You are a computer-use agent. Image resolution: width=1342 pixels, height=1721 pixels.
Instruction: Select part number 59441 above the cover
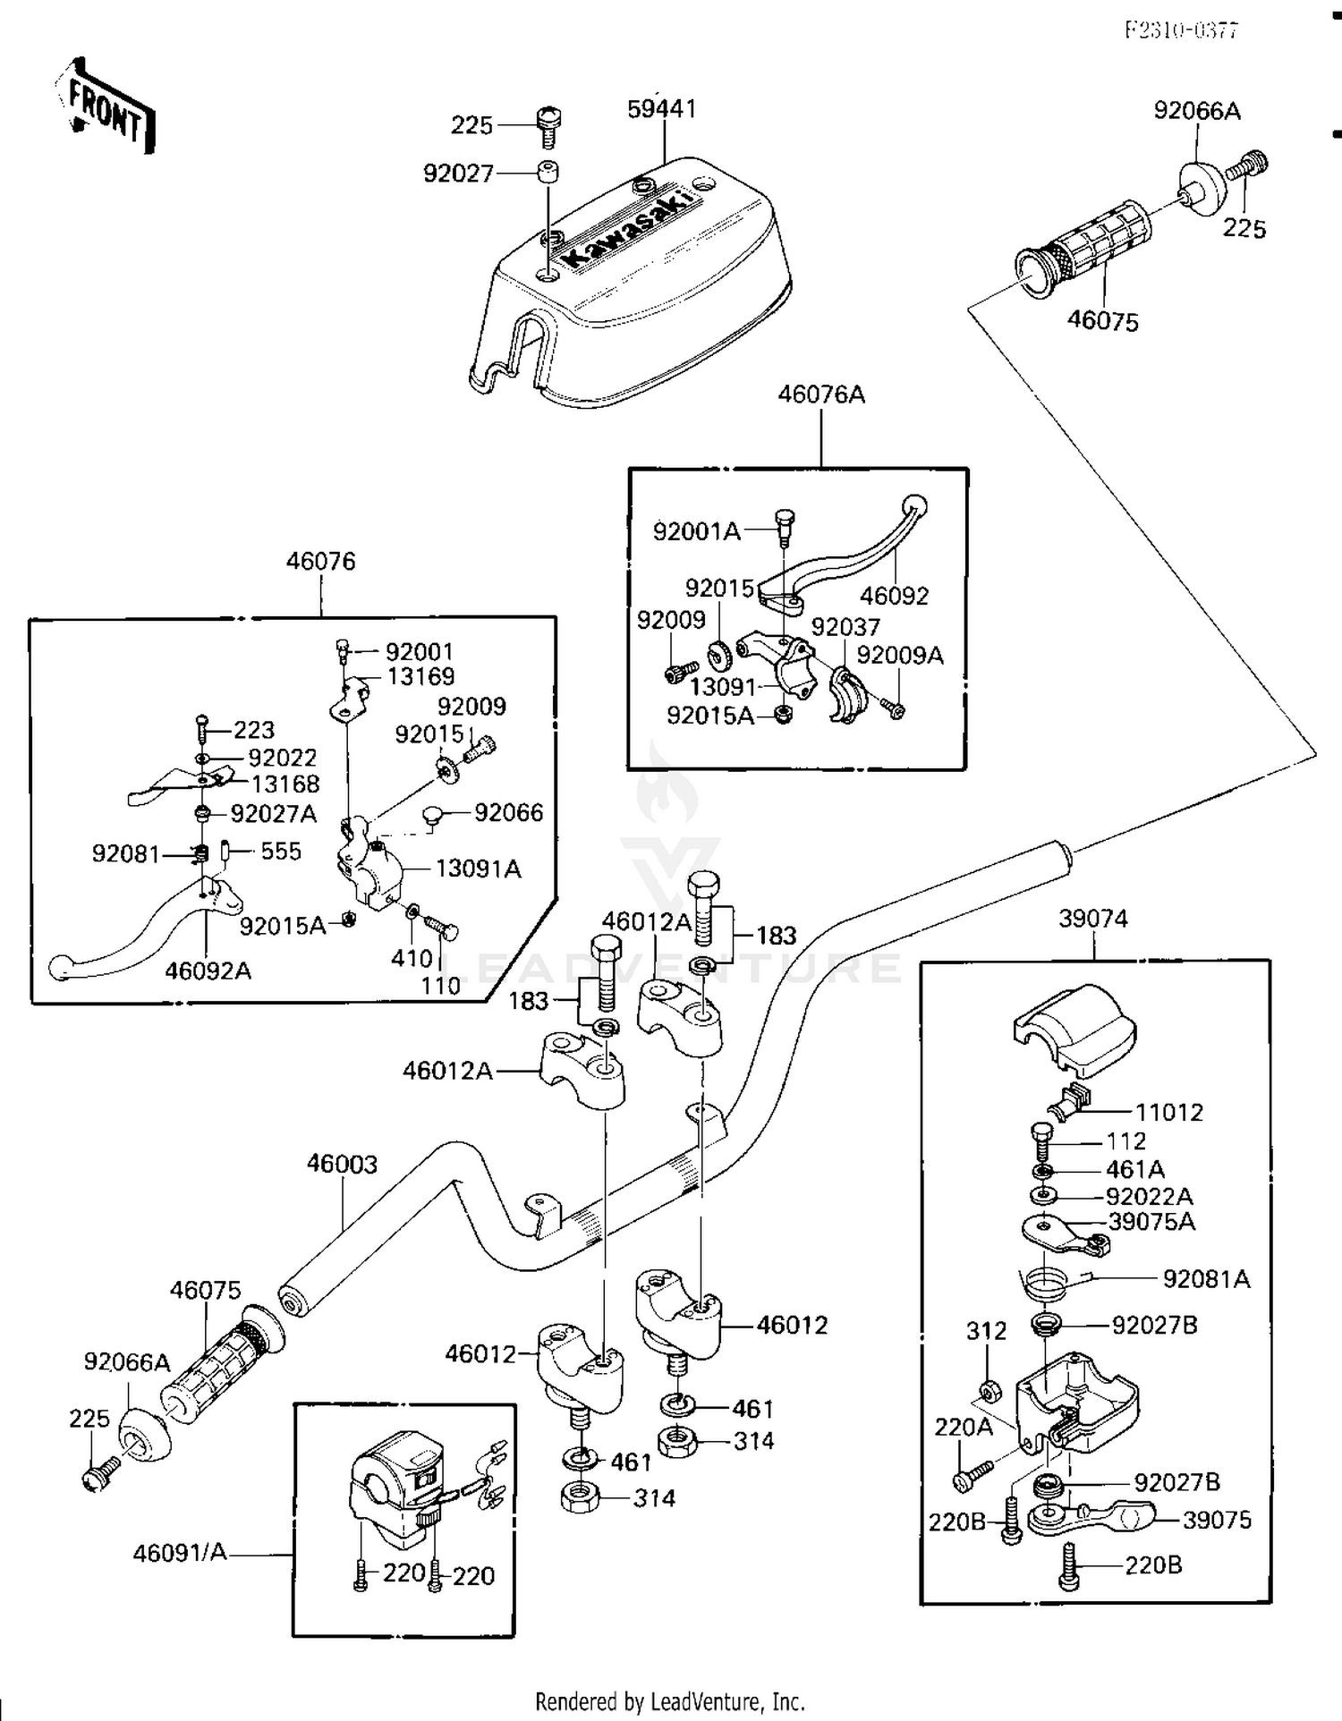coord(662,108)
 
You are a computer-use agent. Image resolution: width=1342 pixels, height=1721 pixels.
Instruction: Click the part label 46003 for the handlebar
coord(342,1164)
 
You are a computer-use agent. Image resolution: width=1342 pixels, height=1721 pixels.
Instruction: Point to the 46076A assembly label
coord(821,394)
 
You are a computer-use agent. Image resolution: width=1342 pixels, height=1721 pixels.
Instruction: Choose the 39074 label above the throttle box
coord(1093,919)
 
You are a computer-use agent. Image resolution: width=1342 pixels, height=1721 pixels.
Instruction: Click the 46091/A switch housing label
coord(180,1553)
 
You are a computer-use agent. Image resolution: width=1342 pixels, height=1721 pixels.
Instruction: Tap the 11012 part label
coord(1169,1112)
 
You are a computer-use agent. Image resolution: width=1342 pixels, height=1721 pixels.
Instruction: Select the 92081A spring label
coord(1206,1279)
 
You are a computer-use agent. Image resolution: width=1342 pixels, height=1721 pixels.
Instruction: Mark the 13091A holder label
coord(478,869)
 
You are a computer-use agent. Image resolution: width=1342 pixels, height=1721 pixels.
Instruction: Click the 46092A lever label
coord(208,971)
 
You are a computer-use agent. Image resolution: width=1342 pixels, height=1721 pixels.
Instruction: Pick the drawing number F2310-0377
coord(1181,30)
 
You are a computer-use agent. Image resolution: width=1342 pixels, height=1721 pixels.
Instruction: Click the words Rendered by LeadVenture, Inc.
coord(670,1700)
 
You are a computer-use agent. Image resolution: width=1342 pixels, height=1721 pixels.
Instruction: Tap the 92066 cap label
coord(508,812)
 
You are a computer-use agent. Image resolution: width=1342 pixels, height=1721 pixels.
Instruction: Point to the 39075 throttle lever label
coord(1217,1520)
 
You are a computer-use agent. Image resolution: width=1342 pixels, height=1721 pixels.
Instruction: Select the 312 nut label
coord(986,1331)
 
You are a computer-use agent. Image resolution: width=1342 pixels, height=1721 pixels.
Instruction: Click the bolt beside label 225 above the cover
coord(545,126)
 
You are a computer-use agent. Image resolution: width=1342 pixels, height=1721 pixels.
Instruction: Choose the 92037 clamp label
coord(845,626)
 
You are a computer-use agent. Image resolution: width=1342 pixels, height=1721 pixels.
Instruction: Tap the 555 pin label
coord(281,851)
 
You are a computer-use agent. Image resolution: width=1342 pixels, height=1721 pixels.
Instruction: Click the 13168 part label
coord(285,784)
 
